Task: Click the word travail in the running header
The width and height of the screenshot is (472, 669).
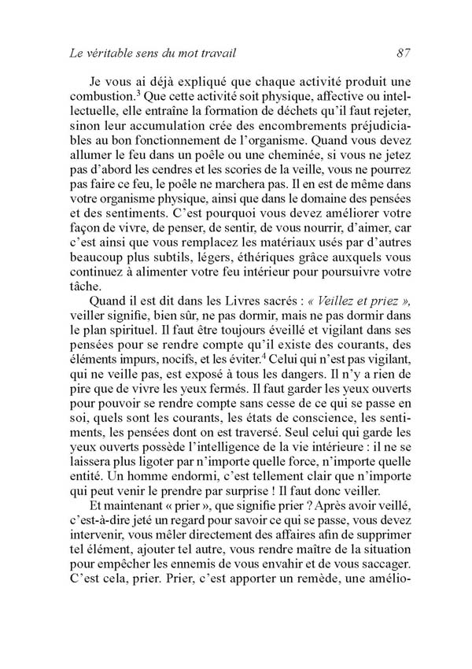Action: [x=214, y=54]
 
